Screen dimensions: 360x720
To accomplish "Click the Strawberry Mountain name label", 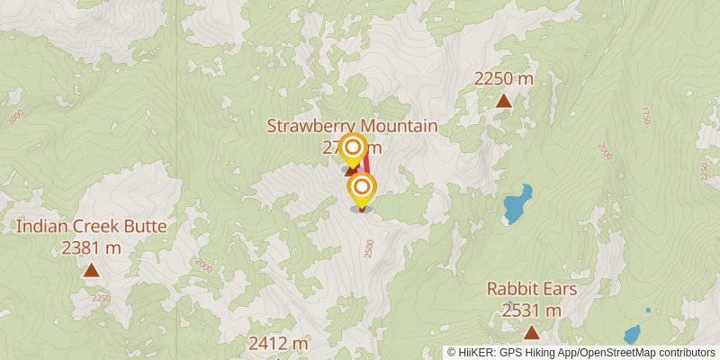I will click(352, 126).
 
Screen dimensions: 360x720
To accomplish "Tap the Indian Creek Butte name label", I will click(91, 226).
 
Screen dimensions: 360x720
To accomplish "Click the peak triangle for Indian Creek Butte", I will click(91, 270).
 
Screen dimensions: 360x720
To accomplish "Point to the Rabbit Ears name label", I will click(531, 289).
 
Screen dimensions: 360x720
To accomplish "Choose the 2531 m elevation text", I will click(531, 310).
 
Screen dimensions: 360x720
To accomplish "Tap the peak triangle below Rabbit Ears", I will click(531, 333).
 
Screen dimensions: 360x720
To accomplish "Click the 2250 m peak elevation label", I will click(504, 78).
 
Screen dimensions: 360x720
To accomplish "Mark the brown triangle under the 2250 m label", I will click(504, 101).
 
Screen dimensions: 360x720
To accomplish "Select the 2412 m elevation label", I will click(278, 343).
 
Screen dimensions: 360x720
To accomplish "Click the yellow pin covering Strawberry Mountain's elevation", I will click(354, 149).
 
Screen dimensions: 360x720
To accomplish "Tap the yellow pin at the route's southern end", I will click(362, 188).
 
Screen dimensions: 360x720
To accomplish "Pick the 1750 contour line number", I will click(644, 115).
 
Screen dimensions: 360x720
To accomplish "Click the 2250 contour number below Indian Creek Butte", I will click(100, 299).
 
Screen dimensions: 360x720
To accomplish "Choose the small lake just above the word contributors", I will click(632, 335).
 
